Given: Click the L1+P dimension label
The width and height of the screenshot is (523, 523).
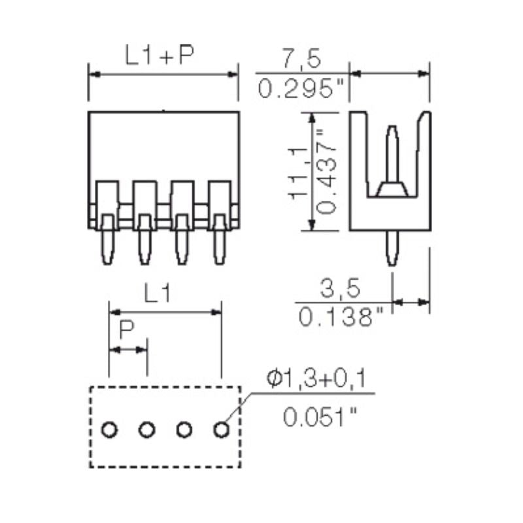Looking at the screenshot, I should [160, 57].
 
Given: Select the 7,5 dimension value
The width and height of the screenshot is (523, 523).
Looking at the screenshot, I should [301, 59].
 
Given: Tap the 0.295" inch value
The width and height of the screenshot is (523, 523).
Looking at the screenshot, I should [301, 89].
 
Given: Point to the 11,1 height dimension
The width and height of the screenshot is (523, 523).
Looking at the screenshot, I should [297, 171].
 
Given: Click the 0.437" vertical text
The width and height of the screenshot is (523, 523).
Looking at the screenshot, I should [326, 171].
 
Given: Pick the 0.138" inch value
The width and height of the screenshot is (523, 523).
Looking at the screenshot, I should [341, 318].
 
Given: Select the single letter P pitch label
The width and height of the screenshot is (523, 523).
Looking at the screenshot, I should [127, 332].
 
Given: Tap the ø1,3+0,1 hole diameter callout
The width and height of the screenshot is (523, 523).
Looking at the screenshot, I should [318, 378].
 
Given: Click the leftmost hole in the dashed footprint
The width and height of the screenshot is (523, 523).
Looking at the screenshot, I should [109, 430].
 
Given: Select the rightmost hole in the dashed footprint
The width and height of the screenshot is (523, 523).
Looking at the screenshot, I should [222, 430].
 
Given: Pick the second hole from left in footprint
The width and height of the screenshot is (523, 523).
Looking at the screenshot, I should [147, 430].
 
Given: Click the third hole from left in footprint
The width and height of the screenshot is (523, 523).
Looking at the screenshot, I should [184, 430].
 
